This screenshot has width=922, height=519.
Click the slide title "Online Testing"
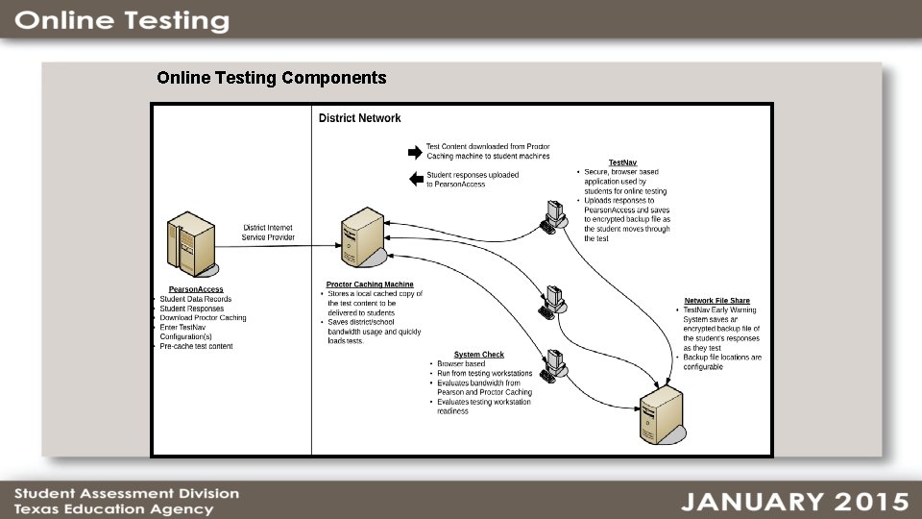pos(122,21)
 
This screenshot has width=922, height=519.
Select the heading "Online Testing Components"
pos(272,78)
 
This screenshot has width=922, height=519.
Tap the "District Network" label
pos(359,118)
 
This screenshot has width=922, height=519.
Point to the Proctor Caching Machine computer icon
pos(364,240)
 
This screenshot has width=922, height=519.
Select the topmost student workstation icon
pos(553,216)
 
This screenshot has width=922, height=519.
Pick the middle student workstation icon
pos(552,301)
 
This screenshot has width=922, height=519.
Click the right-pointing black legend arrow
pos(415,152)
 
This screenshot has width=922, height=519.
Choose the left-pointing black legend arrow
pos(415,179)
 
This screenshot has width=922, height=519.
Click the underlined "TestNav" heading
pos(622,162)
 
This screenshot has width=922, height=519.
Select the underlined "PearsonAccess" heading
pos(196,289)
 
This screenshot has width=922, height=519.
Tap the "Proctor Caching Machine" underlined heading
pos(370,284)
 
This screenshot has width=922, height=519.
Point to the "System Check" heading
pos(478,355)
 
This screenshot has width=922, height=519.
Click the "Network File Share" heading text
pos(716,301)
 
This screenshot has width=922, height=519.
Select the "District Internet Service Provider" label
pos(268,233)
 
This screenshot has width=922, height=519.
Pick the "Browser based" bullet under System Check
pos(462,364)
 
